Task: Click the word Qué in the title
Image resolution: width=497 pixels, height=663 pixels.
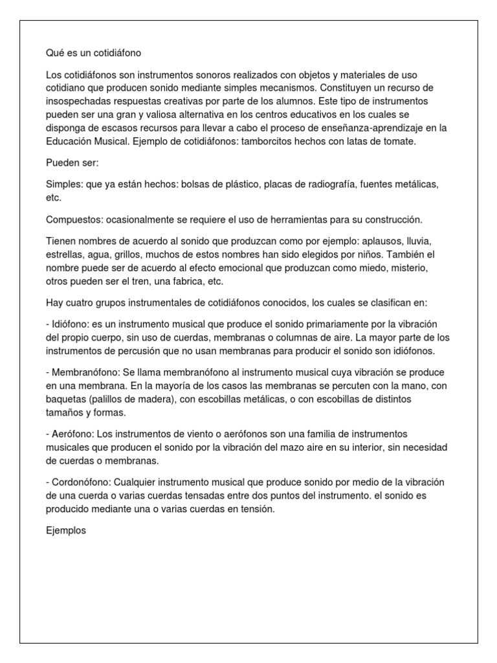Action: pos(56,52)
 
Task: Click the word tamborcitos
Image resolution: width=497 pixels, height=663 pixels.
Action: pos(266,141)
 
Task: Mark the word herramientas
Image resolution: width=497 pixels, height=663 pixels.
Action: pos(285,219)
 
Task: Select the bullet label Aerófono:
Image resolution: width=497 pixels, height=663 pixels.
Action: pos(71,434)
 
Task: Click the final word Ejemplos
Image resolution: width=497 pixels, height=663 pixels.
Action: pos(66,531)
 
